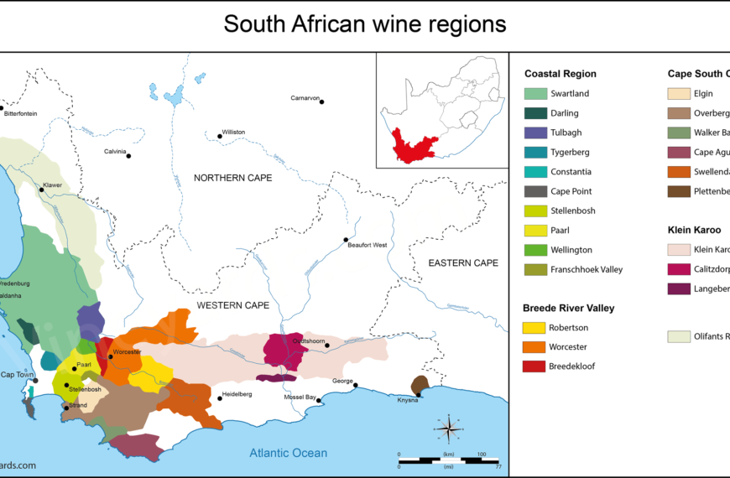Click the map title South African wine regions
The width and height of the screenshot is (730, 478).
(x=364, y=24)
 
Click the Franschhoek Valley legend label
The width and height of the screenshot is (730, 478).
(x=587, y=269)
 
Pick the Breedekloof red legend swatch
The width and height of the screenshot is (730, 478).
(x=534, y=366)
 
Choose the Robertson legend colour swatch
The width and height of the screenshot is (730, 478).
(x=534, y=328)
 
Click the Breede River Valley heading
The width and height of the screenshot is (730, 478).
(x=568, y=308)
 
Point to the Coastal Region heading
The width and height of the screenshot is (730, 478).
(x=561, y=74)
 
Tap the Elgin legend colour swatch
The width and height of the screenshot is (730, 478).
(x=679, y=94)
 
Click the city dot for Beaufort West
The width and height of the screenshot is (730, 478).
(x=346, y=240)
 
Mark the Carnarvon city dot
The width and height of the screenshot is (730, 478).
(x=321, y=102)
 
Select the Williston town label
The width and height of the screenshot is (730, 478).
(x=233, y=132)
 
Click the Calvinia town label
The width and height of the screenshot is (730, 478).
(x=114, y=152)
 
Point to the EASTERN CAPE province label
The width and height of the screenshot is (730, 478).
(x=463, y=263)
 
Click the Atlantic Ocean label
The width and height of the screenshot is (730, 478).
(x=288, y=453)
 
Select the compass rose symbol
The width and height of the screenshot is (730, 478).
(x=449, y=429)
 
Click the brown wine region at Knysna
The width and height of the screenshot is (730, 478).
(x=420, y=384)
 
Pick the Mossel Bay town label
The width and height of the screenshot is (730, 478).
(x=300, y=397)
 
